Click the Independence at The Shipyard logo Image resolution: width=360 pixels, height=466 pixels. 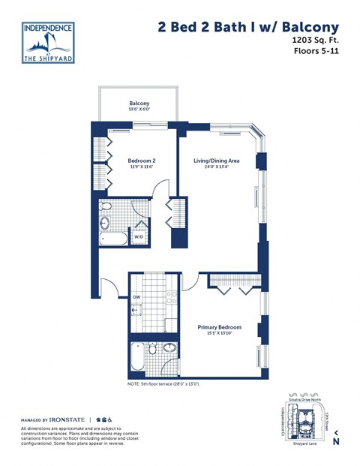pos(49,43)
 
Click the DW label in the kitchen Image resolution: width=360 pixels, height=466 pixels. pos(136,297)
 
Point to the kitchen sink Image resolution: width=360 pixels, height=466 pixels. pos(137,310)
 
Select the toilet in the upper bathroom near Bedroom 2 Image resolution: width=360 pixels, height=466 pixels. pos(106,206)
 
